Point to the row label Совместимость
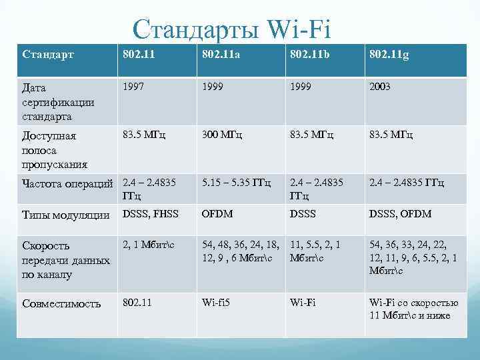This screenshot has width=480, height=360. (61, 303)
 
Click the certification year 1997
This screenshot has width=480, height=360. (134, 87)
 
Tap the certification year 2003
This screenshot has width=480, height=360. (380, 87)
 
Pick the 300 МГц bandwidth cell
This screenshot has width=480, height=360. (223, 135)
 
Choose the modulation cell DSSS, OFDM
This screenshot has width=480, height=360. (400, 213)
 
